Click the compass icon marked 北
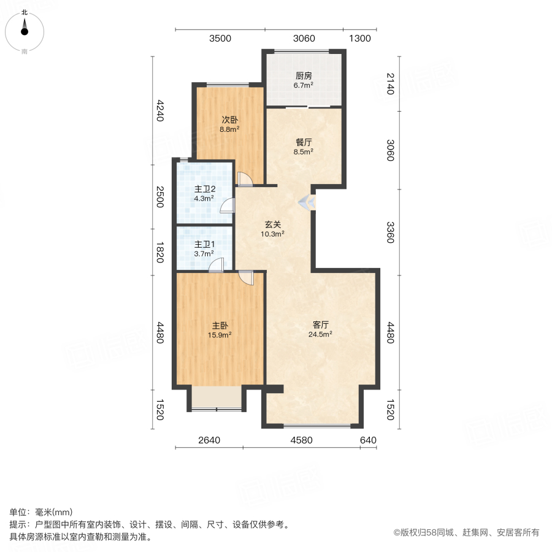click(x=25, y=29)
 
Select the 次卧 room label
click(x=230, y=120)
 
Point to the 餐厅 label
click(x=304, y=142)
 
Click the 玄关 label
click(x=273, y=224)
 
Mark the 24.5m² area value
click(x=321, y=334)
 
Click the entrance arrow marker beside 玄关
click(x=307, y=202)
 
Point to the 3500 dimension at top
click(x=220, y=39)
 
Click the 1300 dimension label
click(x=360, y=39)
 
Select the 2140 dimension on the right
click(x=390, y=84)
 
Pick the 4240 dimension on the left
click(x=160, y=110)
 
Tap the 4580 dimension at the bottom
click(x=301, y=440)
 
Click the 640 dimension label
click(x=368, y=440)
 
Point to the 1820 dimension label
click(x=160, y=252)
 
